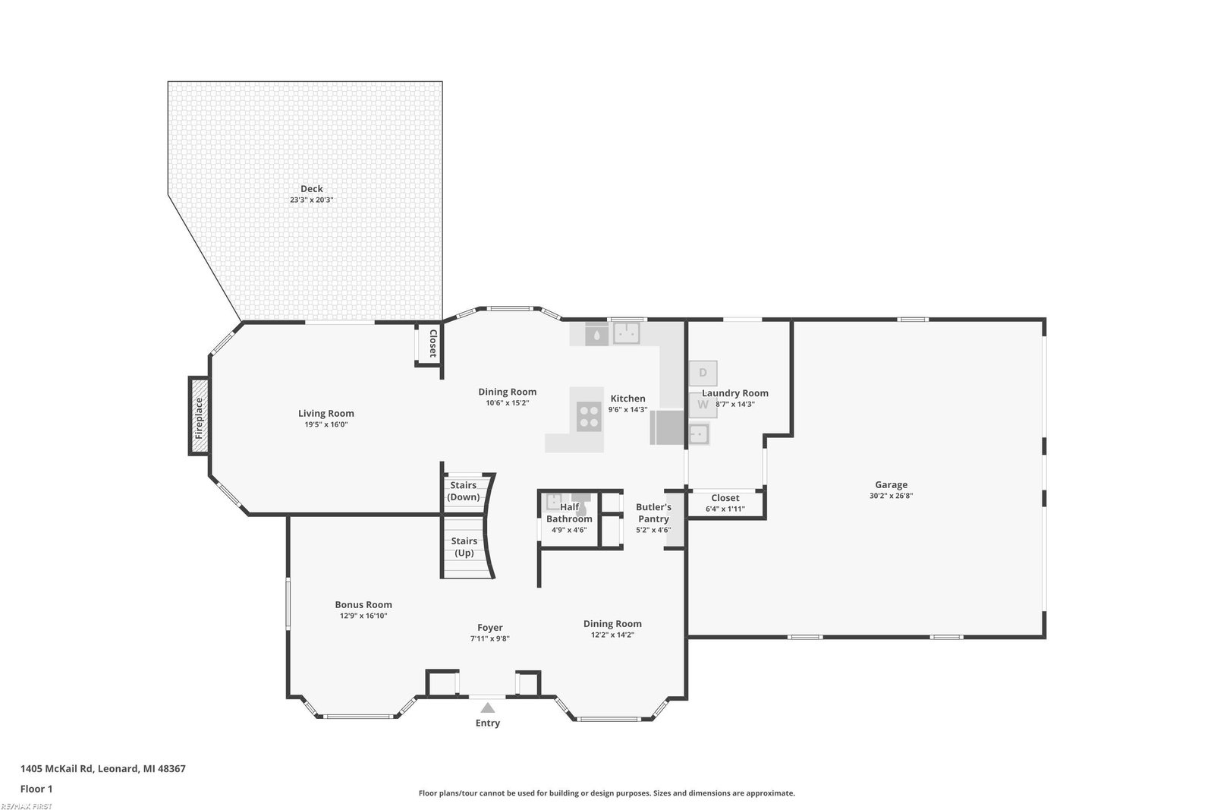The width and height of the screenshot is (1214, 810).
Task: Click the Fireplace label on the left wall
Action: click(199, 418)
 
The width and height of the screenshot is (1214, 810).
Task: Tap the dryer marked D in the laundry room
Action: click(703, 373)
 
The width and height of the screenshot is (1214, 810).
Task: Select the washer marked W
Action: click(703, 405)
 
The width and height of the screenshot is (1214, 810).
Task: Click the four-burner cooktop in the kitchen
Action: click(589, 417)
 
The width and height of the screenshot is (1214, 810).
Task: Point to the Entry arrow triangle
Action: click(488, 708)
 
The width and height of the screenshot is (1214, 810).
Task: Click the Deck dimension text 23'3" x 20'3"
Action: click(312, 200)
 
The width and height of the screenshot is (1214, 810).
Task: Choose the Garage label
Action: click(891, 484)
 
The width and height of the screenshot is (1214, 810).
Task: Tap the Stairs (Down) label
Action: click(464, 491)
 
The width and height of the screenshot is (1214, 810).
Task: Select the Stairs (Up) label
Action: click(464, 547)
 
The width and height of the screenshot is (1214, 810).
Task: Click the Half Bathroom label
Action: click(569, 513)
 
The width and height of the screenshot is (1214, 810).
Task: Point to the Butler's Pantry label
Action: click(653, 513)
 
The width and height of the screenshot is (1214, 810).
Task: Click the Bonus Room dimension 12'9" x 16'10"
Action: click(363, 616)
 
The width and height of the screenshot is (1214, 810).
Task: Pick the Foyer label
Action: click(490, 628)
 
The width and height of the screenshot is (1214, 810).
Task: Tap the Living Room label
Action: click(326, 414)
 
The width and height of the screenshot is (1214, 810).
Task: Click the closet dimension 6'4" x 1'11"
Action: click(725, 509)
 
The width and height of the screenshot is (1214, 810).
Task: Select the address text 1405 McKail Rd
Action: click(57, 769)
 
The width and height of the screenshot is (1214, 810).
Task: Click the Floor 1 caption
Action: click(36, 790)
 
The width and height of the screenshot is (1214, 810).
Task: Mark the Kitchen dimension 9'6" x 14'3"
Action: click(627, 410)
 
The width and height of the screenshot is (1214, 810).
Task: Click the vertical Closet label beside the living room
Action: click(433, 343)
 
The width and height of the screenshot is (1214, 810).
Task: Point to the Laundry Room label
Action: click(735, 393)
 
